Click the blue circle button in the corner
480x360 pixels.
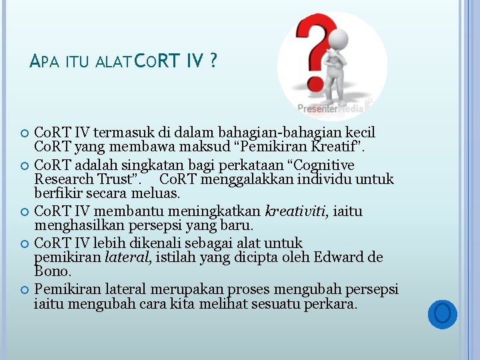[441, 313]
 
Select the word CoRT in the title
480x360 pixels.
[157, 62]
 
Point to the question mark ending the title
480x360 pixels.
[213, 62]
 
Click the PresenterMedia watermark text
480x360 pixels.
[331, 108]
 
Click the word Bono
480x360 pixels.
[51, 272]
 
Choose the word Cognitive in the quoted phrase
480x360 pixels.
[324, 165]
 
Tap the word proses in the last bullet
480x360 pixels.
[248, 290]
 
